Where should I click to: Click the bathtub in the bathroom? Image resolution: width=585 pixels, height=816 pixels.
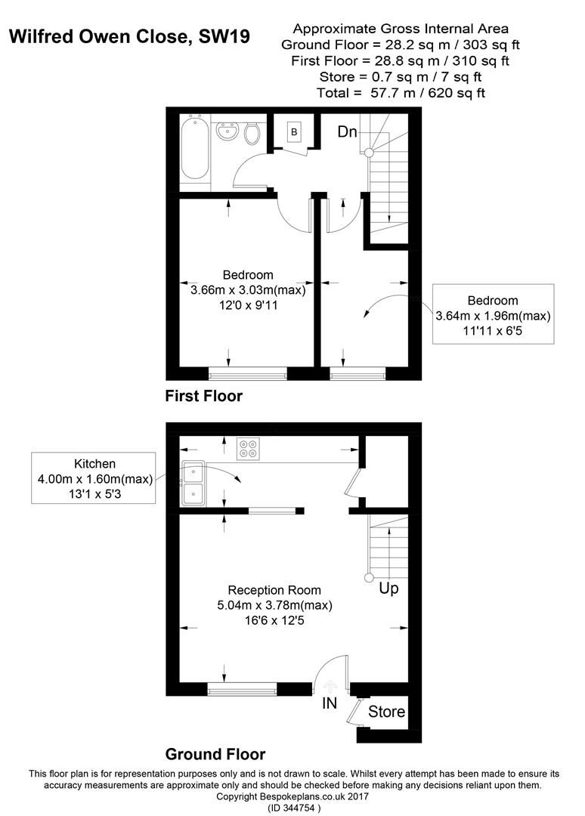(x=195, y=147)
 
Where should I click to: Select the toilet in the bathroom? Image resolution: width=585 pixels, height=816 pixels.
(x=252, y=134)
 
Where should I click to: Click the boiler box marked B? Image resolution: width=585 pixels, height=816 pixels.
(x=293, y=133)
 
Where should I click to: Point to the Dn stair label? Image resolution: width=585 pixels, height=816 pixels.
(x=347, y=132)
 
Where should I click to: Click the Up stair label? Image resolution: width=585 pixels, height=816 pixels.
(x=388, y=587)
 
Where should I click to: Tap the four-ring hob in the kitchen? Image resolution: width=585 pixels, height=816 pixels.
(x=248, y=449)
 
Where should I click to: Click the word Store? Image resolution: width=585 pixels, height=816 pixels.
(x=386, y=712)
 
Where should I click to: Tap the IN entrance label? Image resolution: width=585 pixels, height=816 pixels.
(x=330, y=703)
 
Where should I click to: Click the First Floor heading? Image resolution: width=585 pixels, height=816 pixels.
(x=204, y=396)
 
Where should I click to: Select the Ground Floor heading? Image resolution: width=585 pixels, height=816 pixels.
(x=215, y=754)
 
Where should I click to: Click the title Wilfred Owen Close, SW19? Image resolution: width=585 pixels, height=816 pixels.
(x=128, y=36)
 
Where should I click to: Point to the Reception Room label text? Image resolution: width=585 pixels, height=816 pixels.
(x=274, y=590)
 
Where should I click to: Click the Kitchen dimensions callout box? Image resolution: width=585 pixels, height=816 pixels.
(x=93, y=478)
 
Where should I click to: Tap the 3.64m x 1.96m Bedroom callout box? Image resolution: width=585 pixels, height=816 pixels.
(x=493, y=314)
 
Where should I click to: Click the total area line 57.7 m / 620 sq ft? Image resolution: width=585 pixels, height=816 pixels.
(x=401, y=93)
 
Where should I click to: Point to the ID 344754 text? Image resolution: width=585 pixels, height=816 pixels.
(x=294, y=808)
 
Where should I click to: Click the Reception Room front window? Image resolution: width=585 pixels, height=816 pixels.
(x=242, y=688)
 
